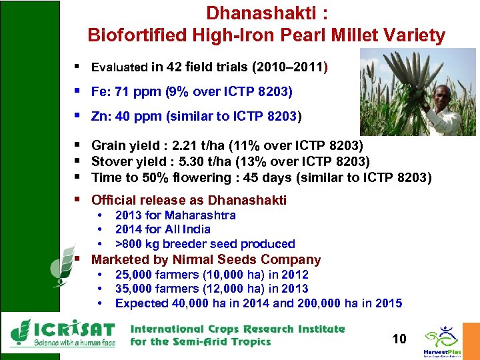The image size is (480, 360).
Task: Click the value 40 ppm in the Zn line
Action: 135,117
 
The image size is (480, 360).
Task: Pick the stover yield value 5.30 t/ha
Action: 199,161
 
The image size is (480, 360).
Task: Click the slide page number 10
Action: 399,339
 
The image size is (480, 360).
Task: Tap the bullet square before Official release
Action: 78,199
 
